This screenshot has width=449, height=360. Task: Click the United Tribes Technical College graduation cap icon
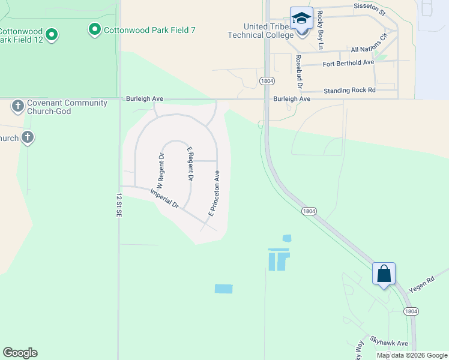tap(301, 18)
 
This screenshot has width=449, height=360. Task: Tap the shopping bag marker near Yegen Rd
tap(384, 274)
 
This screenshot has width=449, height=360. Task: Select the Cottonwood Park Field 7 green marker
tap(94, 29)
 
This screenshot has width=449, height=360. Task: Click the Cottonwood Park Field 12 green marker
tap(52, 35)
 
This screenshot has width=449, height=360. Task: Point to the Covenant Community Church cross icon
tap(18, 107)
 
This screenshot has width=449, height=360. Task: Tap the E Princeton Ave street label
tap(214, 193)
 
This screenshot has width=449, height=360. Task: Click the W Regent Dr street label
tap(161, 170)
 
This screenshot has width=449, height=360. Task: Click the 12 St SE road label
tap(118, 205)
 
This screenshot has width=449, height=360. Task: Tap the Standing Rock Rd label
tap(349, 91)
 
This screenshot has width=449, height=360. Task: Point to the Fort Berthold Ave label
tap(348, 62)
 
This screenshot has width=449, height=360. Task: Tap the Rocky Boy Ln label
tap(321, 31)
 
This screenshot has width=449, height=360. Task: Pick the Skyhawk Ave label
tap(389, 343)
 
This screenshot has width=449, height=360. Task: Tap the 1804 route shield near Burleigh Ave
tap(267, 81)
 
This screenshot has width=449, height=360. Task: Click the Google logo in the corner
tap(20, 352)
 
